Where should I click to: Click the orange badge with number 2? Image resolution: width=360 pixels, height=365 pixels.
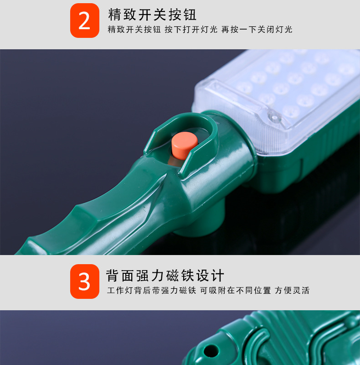pyautogui.click(x=84, y=21)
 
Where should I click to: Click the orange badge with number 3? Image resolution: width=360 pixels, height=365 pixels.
pyautogui.click(x=84, y=282)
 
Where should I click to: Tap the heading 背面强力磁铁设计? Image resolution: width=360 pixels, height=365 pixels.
pyautogui.click(x=165, y=276)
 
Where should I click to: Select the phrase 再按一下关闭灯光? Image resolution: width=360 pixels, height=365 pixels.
pyautogui.click(x=257, y=30)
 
